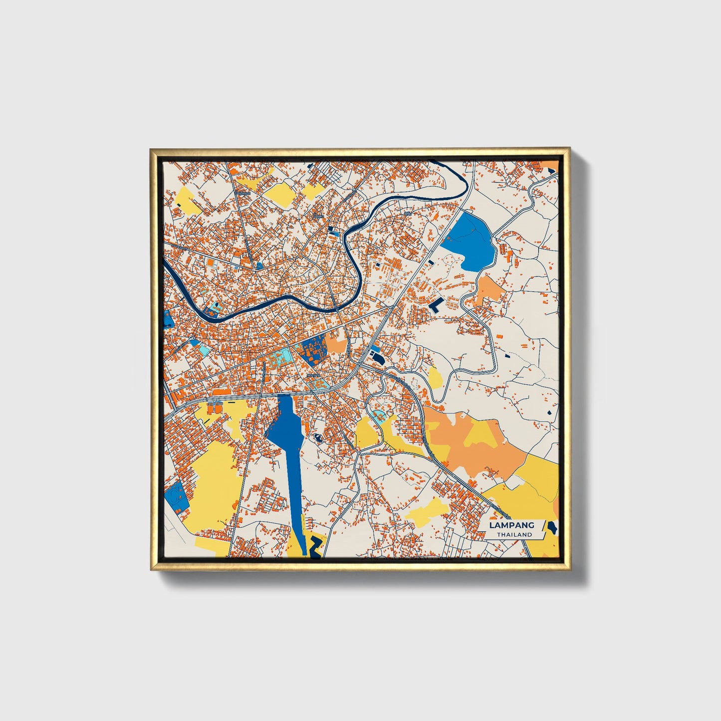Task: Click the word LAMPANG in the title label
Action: click(511, 525)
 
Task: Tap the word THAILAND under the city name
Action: click(514, 534)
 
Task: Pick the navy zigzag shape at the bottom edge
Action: click(315, 547)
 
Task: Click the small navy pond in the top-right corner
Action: click(551, 170)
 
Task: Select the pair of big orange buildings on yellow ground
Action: click(213, 408)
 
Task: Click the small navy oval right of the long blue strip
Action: click(317, 439)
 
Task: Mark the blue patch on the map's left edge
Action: click(167, 319)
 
